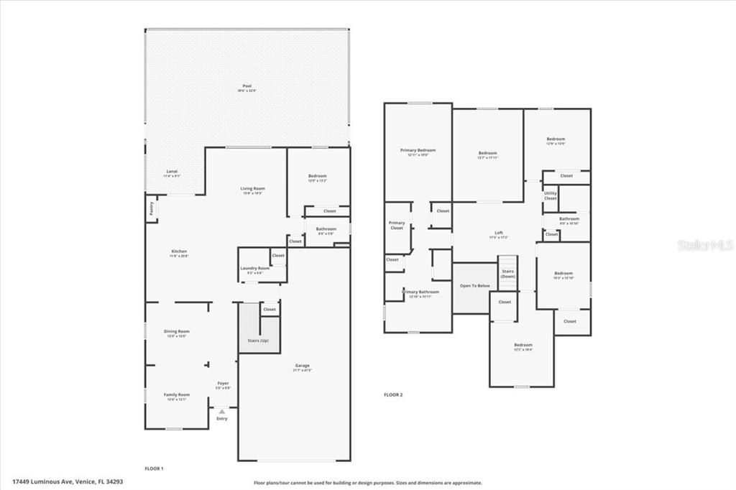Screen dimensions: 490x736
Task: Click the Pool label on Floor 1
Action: coord(247,86)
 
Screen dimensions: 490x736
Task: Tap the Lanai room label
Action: coord(172,172)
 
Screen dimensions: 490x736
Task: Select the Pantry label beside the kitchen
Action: coord(152,208)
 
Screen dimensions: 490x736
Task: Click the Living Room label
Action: coord(252,188)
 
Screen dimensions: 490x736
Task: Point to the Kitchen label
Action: coord(178,251)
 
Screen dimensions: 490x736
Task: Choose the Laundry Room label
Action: coord(254,268)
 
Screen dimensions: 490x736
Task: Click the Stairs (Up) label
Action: coord(259,340)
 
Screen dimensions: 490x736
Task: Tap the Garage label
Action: coord(302,366)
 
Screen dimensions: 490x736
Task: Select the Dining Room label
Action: coord(177,331)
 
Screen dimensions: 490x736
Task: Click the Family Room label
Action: coord(177,394)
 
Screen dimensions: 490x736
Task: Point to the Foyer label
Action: coord(223,384)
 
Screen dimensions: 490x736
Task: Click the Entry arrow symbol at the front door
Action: coord(221,411)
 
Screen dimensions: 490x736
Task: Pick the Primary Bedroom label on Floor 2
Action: coord(418,150)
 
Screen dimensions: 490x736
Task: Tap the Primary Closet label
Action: coord(397,225)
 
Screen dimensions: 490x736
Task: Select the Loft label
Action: coord(499,233)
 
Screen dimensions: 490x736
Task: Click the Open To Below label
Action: coord(474,285)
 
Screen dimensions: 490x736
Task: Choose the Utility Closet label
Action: coord(551,195)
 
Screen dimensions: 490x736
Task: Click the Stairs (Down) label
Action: coord(508,273)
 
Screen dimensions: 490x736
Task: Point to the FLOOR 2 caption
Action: coord(393,394)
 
